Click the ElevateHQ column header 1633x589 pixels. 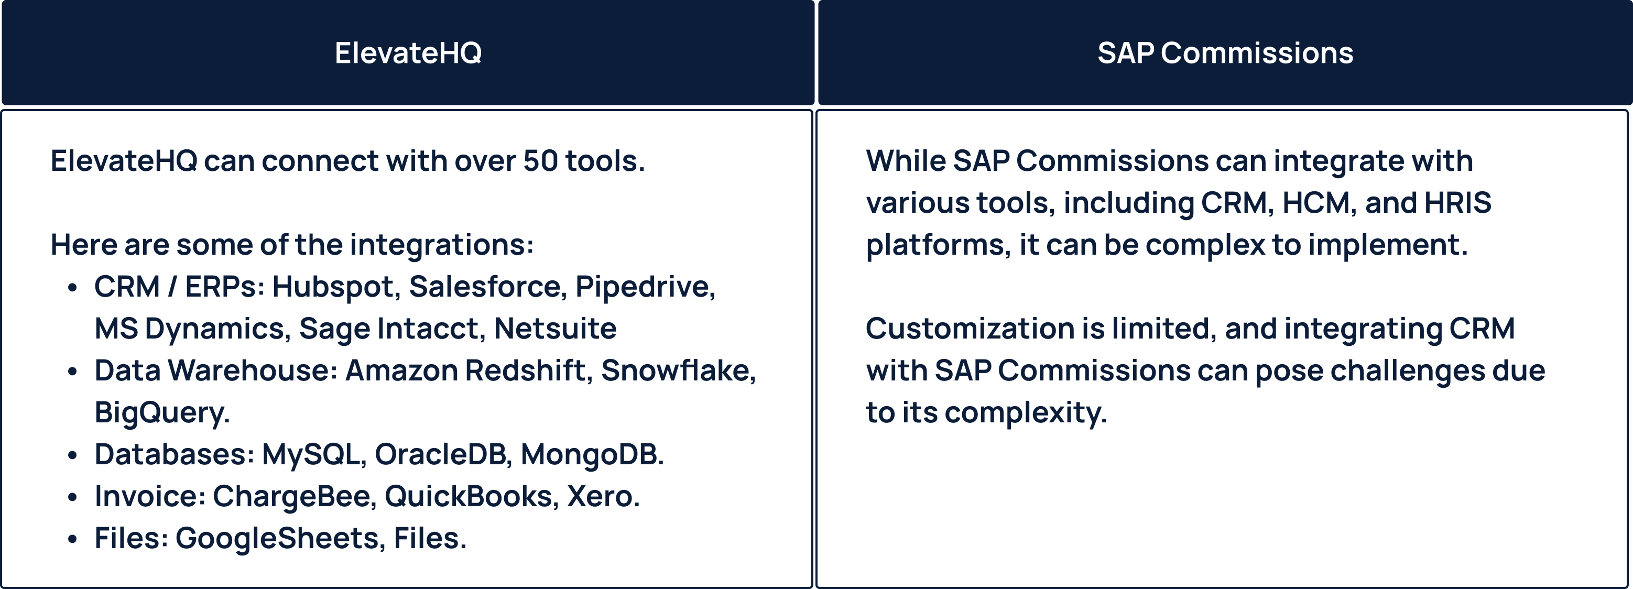[408, 52]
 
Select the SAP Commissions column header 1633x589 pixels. [1225, 52]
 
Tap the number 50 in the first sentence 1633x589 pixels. [540, 161]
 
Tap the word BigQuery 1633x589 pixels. [161, 413]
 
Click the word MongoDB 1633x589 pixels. [592, 455]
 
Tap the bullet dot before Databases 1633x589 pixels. [72, 455]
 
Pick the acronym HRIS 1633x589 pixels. [1457, 203]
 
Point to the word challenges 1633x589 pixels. [1407, 371]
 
